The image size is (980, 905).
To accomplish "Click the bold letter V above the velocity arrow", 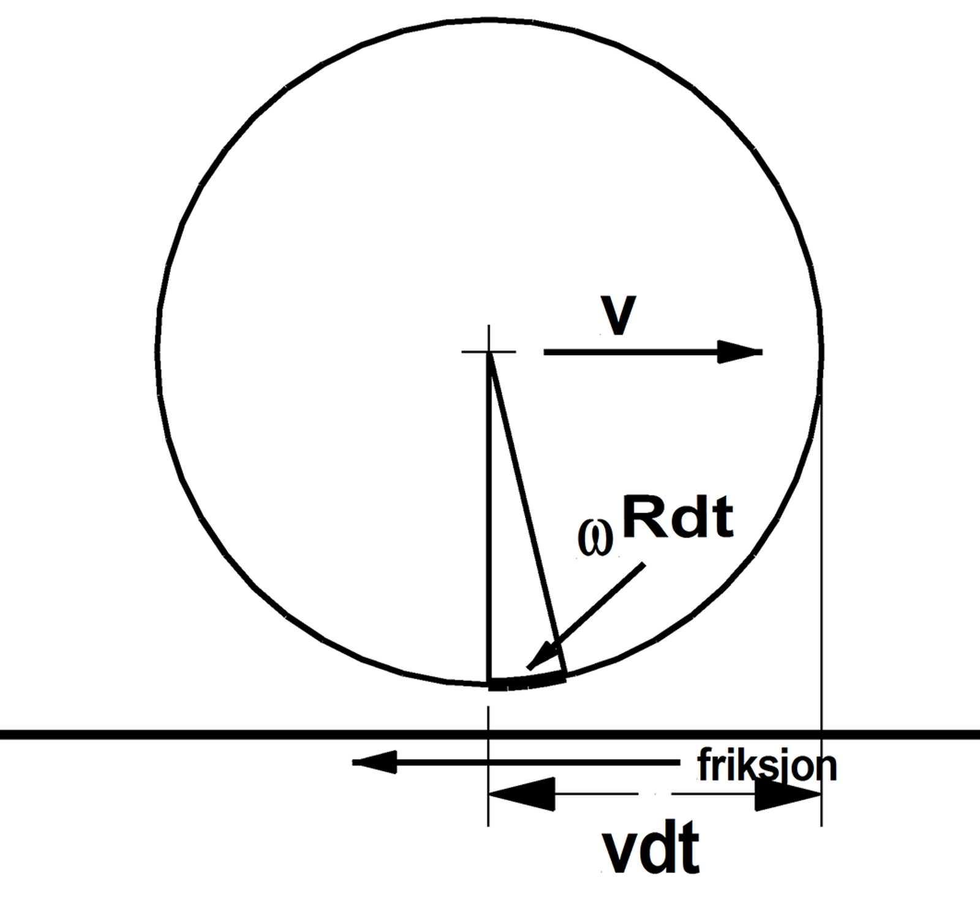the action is pos(619,315).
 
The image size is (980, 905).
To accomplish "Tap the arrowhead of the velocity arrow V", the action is pos(740,351).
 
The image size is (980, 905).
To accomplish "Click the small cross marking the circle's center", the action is pos(489,351).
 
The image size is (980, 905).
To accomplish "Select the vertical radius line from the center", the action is pos(489,517).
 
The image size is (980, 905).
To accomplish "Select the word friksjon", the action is pos(767,765).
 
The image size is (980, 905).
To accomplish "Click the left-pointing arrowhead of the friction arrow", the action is pos(374,762).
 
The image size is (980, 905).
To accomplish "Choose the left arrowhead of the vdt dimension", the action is pos(521,794).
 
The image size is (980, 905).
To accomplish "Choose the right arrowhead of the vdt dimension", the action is pos(788,794).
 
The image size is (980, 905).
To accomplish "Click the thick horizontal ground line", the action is pos(490,734).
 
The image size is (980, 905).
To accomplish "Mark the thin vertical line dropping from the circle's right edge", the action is pos(821,606).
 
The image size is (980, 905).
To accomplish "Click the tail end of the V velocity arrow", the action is pos(545,351).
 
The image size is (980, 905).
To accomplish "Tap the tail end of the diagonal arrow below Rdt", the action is pos(643,565).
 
